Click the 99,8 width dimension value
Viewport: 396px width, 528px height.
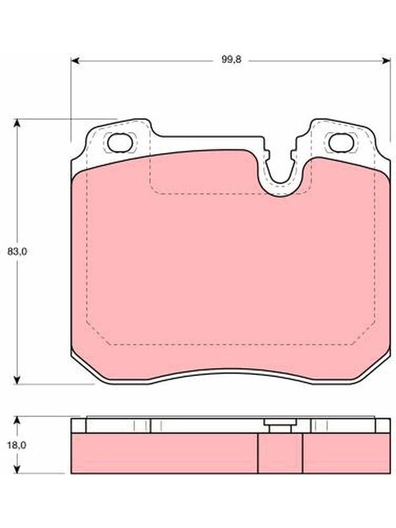(x=231, y=60)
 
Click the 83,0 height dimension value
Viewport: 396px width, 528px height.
(x=18, y=251)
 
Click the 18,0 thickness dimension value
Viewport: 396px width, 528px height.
(x=18, y=445)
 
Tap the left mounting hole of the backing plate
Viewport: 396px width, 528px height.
(x=120, y=143)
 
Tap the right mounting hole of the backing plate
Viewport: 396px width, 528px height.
(x=341, y=143)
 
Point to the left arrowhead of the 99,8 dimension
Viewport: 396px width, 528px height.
(x=75, y=61)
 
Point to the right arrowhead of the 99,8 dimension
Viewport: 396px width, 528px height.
(x=386, y=61)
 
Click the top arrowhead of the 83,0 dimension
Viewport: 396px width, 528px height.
(x=17, y=123)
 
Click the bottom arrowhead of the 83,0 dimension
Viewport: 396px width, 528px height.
(x=17, y=380)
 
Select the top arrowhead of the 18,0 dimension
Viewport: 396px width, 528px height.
(x=17, y=421)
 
